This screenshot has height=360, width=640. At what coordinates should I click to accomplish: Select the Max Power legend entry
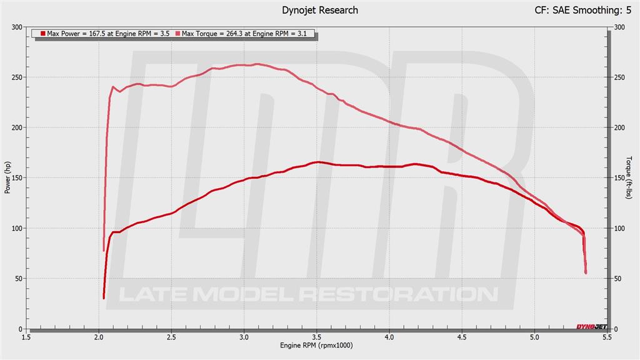coord(105,34)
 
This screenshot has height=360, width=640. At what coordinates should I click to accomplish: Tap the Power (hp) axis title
coord(7,177)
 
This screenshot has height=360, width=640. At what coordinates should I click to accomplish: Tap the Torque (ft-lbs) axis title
coord(629,178)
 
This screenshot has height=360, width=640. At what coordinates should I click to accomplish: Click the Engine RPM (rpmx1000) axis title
coord(316,346)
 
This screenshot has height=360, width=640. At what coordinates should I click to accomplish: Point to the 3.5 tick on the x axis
coord(316,337)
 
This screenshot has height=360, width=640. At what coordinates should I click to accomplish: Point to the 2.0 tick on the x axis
coord(99,337)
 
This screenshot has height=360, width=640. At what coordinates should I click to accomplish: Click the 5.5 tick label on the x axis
coord(606,337)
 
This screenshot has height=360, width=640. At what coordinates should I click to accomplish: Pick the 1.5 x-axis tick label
coord(26,337)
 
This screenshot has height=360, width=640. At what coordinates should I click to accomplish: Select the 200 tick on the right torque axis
coord(620,127)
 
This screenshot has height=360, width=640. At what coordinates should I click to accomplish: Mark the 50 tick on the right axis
coord(619,279)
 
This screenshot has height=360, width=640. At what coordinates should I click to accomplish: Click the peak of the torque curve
coord(257,64)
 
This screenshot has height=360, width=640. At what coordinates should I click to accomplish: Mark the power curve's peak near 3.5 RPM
coord(318,162)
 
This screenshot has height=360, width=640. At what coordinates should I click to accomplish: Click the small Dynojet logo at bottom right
coord(590,326)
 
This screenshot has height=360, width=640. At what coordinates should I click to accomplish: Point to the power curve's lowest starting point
coord(104,297)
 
